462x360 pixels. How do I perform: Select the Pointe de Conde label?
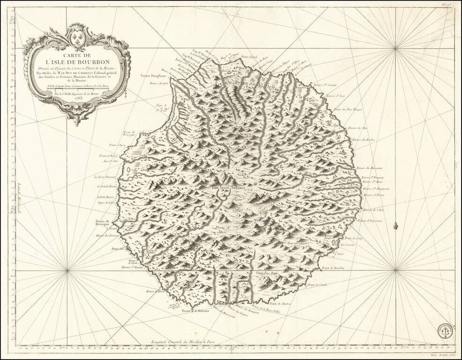coord(316,285)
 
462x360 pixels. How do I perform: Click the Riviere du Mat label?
coord(358,128)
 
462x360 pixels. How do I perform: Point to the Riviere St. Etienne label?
coord(132,268)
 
